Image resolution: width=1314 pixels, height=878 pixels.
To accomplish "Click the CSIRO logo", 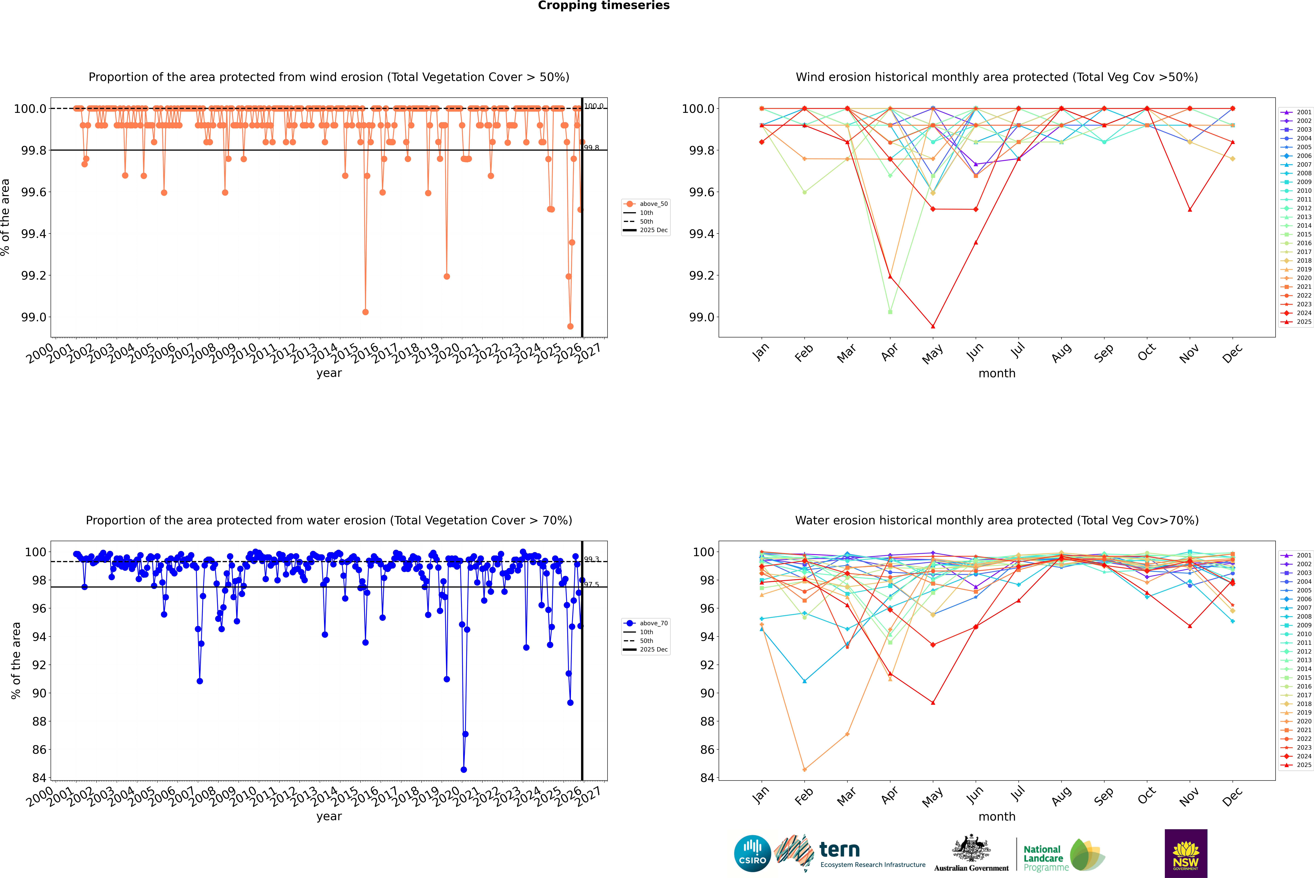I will click(752, 853).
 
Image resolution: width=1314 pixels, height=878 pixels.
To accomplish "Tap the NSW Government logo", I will click(1186, 853).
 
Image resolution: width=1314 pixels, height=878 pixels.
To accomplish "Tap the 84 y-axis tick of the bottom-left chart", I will click(39, 778).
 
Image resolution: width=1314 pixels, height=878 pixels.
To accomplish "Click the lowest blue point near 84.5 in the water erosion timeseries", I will click(463, 769).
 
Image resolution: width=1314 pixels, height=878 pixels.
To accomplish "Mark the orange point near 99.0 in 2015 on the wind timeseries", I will click(365, 312).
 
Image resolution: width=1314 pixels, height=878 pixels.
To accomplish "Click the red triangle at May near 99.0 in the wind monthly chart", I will click(933, 326).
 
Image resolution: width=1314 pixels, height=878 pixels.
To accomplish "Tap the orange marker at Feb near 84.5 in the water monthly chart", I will click(804, 769).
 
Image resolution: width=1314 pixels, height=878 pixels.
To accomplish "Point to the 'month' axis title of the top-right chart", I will click(996, 374).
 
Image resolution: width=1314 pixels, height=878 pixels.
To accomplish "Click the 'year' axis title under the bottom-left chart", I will click(329, 816).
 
